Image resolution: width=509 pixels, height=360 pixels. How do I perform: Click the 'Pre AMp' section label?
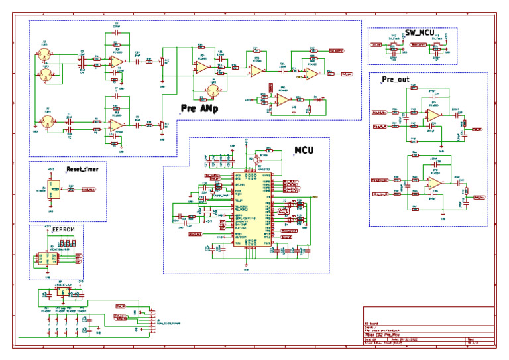point(199,107)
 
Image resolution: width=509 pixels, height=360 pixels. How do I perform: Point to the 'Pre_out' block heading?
point(395,80)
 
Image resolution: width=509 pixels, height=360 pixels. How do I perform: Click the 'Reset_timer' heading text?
point(82,170)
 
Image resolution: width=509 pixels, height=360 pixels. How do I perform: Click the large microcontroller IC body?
point(249,209)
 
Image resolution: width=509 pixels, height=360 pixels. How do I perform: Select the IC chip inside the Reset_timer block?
point(56,190)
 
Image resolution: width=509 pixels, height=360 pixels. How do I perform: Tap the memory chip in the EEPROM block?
point(47,256)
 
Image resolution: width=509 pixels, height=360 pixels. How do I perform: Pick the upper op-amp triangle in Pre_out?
point(433,115)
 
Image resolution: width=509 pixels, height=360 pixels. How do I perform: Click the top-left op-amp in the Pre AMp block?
point(116,61)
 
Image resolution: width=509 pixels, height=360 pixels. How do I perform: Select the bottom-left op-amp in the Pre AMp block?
point(116,124)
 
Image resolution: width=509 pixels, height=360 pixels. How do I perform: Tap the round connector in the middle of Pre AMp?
point(213,89)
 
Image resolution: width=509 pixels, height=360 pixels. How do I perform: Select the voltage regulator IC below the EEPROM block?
point(63,290)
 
